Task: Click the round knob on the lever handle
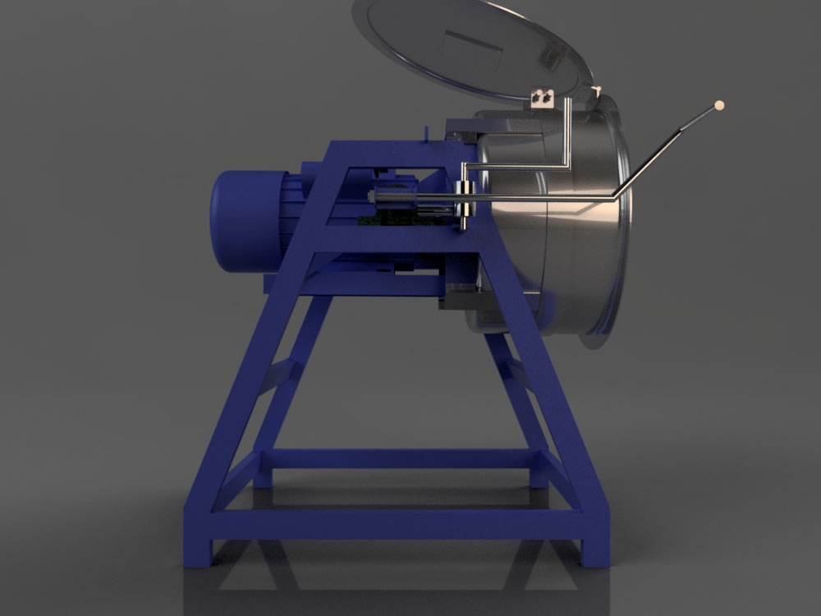coord(720,104)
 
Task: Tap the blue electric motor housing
coord(246,219)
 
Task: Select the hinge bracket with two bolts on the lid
coord(542,97)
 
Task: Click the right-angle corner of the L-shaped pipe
coord(566,164)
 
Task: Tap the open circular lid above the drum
coord(468,49)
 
